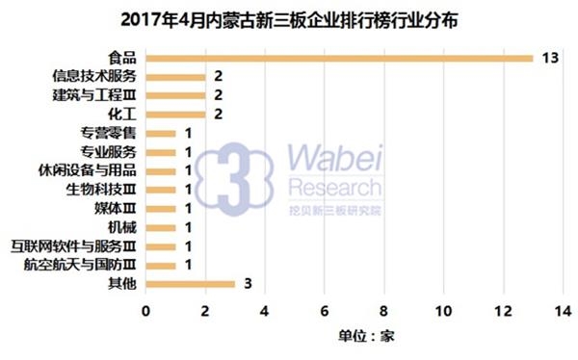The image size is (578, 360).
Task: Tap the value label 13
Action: [x=550, y=58]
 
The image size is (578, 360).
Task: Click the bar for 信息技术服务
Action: [x=175, y=76]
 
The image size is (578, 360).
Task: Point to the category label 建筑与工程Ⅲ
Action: [x=96, y=95]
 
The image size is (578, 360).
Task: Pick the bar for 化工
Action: [x=175, y=114]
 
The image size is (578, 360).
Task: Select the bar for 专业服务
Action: [x=161, y=152]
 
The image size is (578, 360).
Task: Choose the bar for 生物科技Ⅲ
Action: [x=161, y=190]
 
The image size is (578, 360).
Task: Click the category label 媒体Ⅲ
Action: [x=115, y=208]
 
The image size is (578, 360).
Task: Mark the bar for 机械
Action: [x=161, y=227]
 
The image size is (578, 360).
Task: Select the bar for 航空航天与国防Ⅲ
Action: [x=161, y=265]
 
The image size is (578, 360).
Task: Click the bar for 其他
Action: [x=190, y=284]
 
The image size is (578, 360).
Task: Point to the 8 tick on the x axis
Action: [x=384, y=312]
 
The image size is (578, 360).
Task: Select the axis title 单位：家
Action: [x=367, y=336]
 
